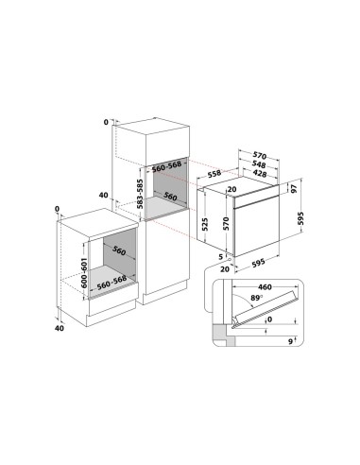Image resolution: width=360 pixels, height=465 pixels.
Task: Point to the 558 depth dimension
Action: tap(214, 175)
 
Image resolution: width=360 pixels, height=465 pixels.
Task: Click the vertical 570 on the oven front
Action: tap(226, 223)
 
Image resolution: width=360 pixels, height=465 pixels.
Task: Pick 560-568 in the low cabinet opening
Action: tap(107, 281)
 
